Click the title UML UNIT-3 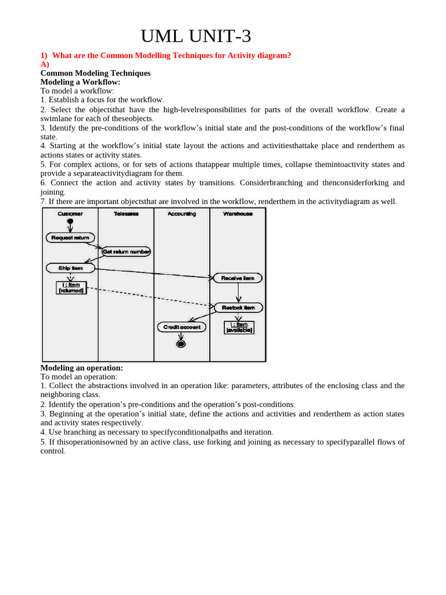196,36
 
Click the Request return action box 70,238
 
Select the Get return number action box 126,252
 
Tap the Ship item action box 70,268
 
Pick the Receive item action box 238,278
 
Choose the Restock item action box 238,307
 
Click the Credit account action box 181,327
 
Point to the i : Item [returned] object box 71,288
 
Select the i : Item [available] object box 239,327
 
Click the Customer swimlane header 70,214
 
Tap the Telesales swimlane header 126,214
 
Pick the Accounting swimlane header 182,214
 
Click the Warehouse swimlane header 238,214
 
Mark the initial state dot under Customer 70,221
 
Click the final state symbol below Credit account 181,344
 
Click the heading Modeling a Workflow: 80,82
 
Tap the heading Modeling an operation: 81,368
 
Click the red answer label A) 45,64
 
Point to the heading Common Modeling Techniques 95,73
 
